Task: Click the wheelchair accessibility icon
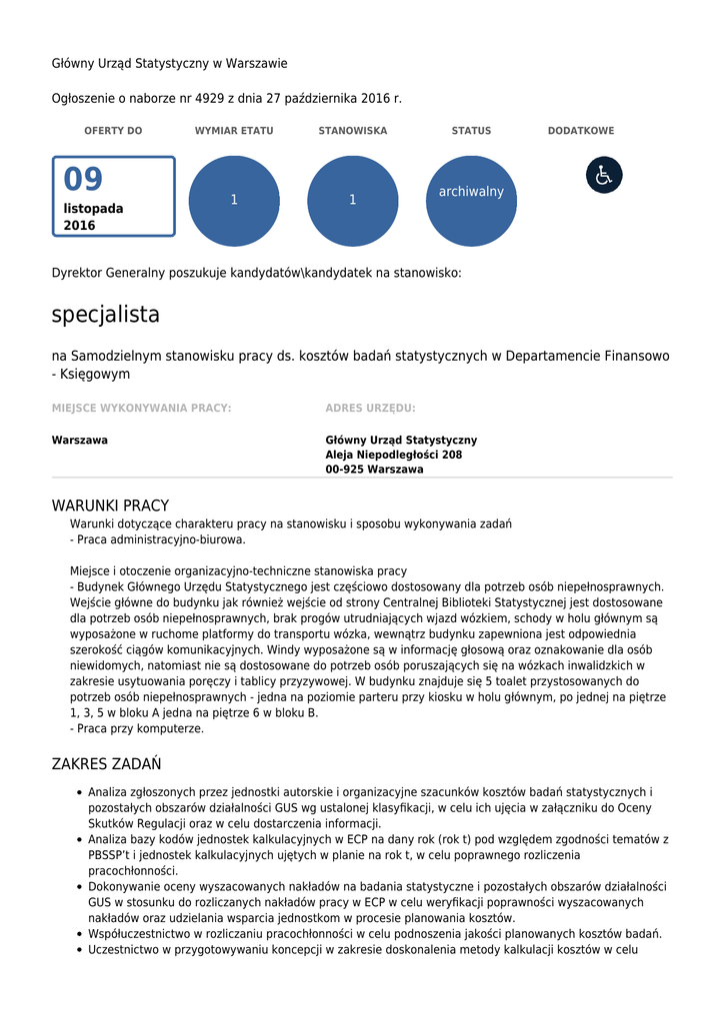click(x=604, y=175)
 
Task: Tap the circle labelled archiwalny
click(x=471, y=201)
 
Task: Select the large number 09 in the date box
click(x=84, y=180)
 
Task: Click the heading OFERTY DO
click(x=113, y=131)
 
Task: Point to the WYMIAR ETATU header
click(x=234, y=131)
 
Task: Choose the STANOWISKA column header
click(x=353, y=131)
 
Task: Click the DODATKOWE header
click(x=581, y=131)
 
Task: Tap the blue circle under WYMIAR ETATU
click(x=234, y=201)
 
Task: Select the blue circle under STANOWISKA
click(x=353, y=201)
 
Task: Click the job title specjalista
click(x=106, y=315)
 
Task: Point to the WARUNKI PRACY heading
click(x=110, y=506)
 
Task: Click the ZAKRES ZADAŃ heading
click(x=106, y=764)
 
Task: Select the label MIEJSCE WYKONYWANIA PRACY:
click(x=141, y=408)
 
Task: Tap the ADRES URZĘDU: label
click(x=370, y=408)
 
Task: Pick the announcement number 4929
click(x=209, y=98)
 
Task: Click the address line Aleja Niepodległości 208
click(x=394, y=455)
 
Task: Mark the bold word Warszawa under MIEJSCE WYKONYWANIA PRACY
click(x=80, y=440)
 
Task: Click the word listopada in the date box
click(x=94, y=209)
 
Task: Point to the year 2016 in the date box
click(x=80, y=226)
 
